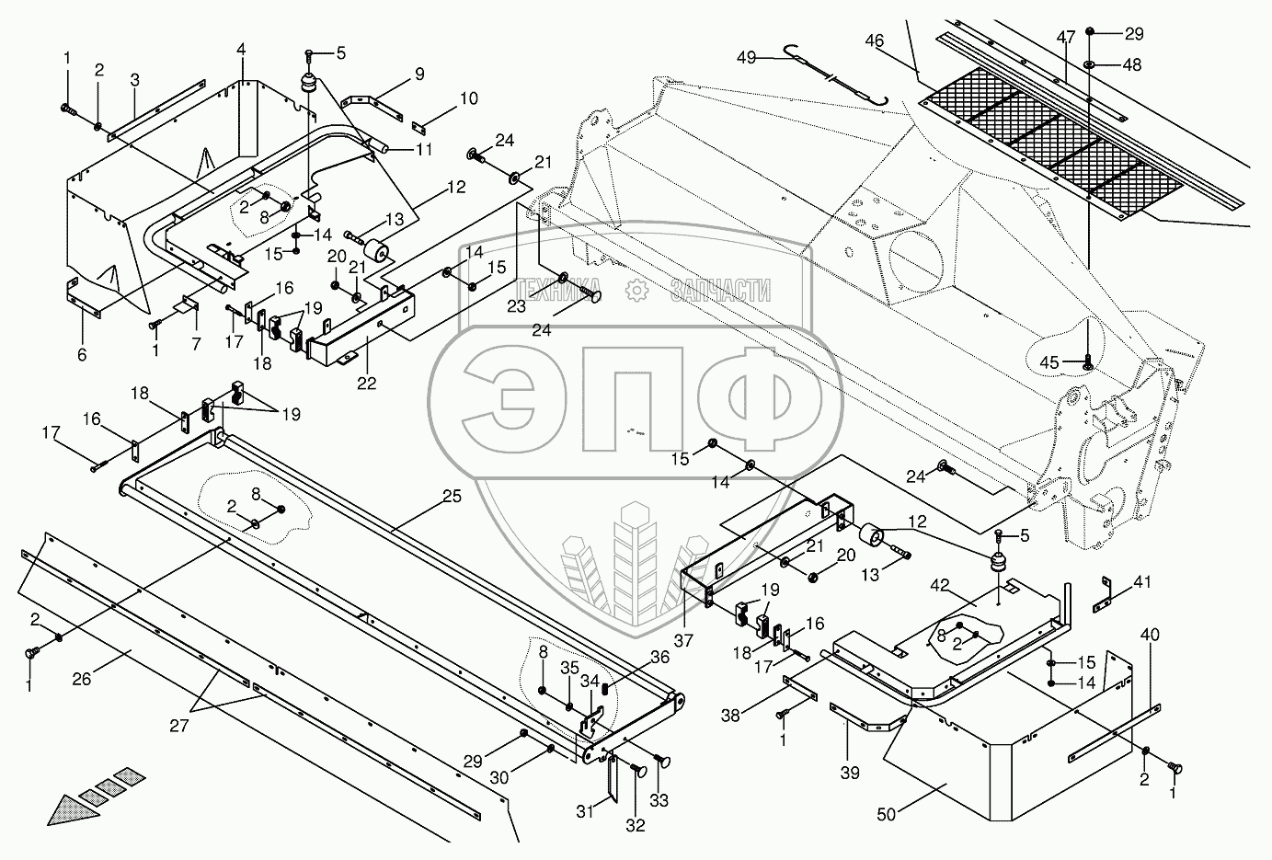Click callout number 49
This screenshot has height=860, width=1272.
click(745, 58)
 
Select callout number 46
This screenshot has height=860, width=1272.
click(874, 40)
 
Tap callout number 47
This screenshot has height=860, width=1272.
click(1065, 38)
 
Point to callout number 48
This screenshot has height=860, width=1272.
click(1131, 65)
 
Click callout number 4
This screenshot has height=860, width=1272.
click(241, 48)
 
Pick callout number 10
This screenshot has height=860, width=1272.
click(468, 98)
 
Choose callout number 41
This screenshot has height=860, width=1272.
click(1141, 581)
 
